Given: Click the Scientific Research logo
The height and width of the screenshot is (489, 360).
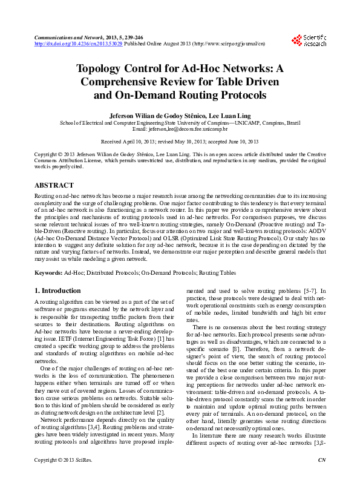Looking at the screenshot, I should pyautogui.click(x=309, y=41).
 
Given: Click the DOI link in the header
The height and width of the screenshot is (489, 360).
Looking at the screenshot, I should pyautogui.click(x=79, y=44).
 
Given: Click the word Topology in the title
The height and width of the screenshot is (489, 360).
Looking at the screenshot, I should pyautogui.click(x=104, y=69).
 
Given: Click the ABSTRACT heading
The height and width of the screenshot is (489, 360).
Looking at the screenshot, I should pyautogui.click(x=54, y=185).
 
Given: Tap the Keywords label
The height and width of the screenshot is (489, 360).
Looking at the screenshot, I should pyautogui.click(x=48, y=274).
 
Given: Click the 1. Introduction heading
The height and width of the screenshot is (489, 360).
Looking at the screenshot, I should pyautogui.click(x=57, y=290).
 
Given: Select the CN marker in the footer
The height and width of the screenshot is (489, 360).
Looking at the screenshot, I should pyautogui.click(x=322, y=478).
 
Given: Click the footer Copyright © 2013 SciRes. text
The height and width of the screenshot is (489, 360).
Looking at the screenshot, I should pyautogui.click(x=61, y=478).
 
